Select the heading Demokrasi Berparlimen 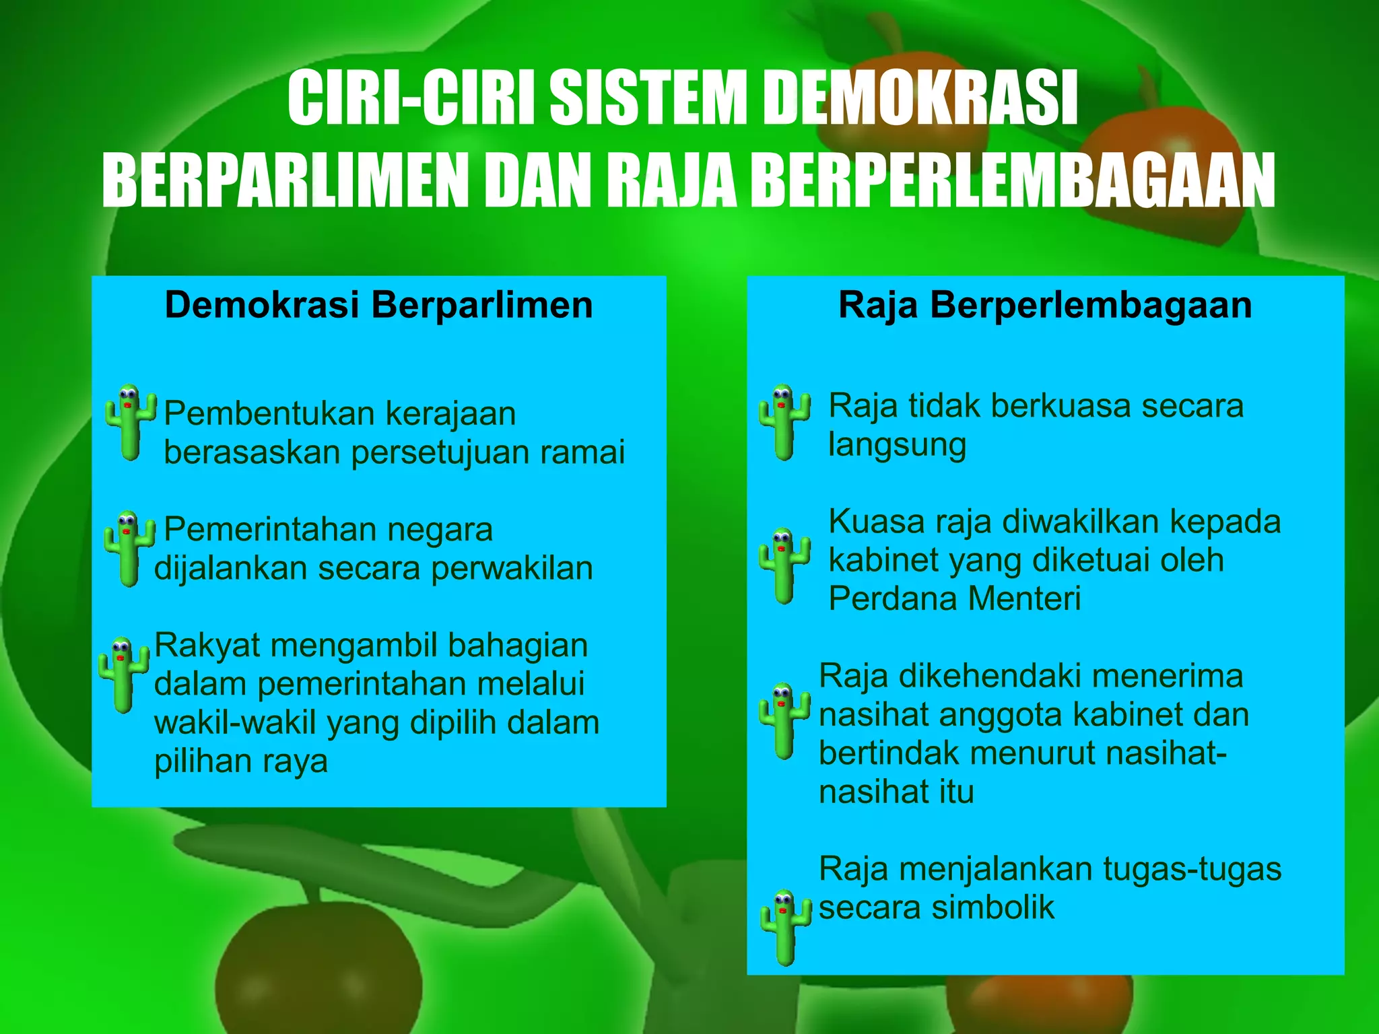click(x=378, y=305)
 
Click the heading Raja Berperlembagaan click(x=1044, y=305)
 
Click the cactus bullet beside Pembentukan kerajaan click(x=130, y=422)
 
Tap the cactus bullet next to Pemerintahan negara click(x=128, y=548)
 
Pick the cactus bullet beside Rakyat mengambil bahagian click(x=123, y=674)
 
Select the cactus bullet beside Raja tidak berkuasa click(x=784, y=422)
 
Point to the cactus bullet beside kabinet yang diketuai click(x=784, y=565)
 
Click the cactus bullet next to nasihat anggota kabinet click(x=784, y=720)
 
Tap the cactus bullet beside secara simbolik click(x=784, y=927)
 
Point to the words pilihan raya click(x=241, y=762)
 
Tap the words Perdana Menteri click(x=954, y=598)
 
